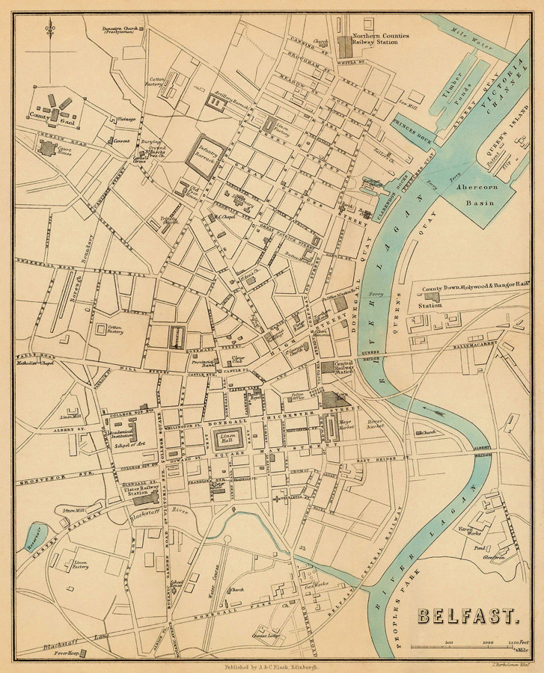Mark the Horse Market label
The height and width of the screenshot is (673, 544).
coord(375,424)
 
